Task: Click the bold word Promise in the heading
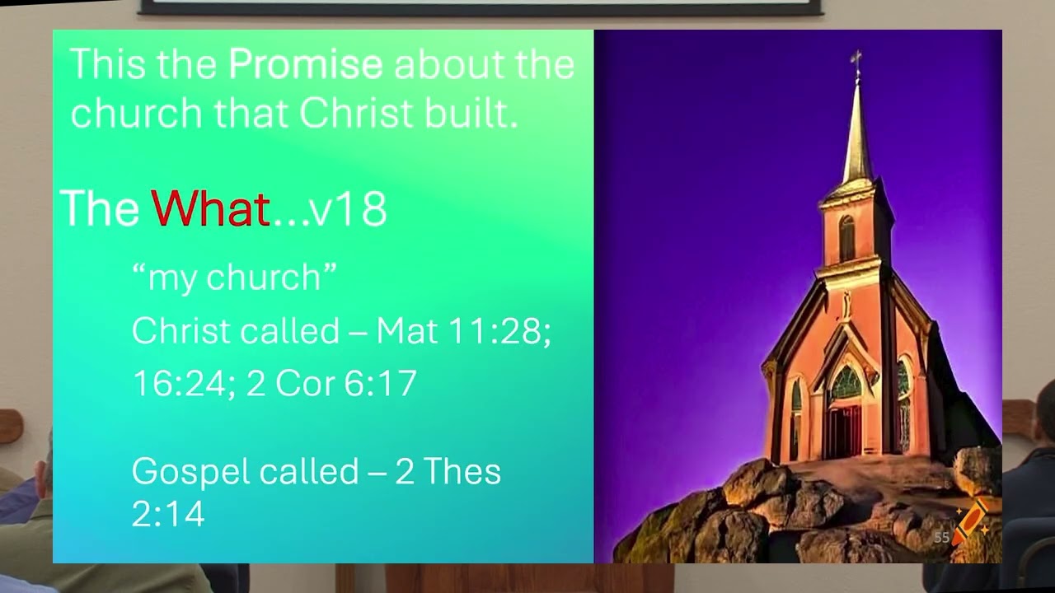[305, 64]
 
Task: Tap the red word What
[210, 209]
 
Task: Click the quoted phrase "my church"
[234, 278]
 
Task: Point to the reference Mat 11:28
[463, 331]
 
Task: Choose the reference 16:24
[177, 384]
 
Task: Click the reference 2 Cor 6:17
[332, 384]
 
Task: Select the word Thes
[462, 472]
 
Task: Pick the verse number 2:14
[168, 514]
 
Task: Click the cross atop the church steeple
[856, 59]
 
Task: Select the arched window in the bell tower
[846, 237]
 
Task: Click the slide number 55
[941, 538]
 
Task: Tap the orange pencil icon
[972, 520]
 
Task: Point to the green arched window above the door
[845, 382]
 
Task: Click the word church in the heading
[137, 114]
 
